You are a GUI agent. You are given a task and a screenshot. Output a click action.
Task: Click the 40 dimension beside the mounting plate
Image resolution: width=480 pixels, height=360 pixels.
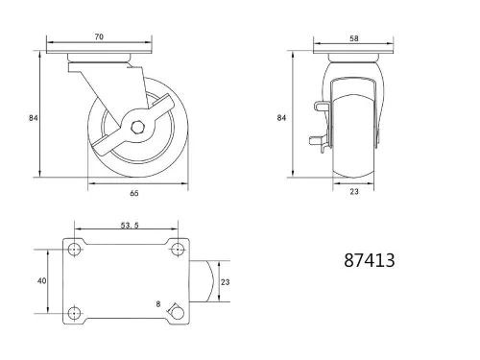point(40,281)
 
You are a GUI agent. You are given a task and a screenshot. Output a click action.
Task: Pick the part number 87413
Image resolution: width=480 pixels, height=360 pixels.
point(369,259)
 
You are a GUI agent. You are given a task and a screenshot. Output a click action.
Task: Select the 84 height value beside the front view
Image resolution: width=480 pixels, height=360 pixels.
point(282,117)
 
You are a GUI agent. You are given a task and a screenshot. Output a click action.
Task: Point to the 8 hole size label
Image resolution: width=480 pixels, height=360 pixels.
point(159,304)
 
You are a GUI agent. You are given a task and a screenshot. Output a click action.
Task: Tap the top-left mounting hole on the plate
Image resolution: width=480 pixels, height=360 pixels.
point(75,250)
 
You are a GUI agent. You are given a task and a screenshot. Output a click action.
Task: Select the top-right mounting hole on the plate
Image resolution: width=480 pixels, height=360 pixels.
point(177,250)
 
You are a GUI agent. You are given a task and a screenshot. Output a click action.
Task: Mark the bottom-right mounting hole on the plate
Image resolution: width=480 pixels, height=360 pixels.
point(177,311)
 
